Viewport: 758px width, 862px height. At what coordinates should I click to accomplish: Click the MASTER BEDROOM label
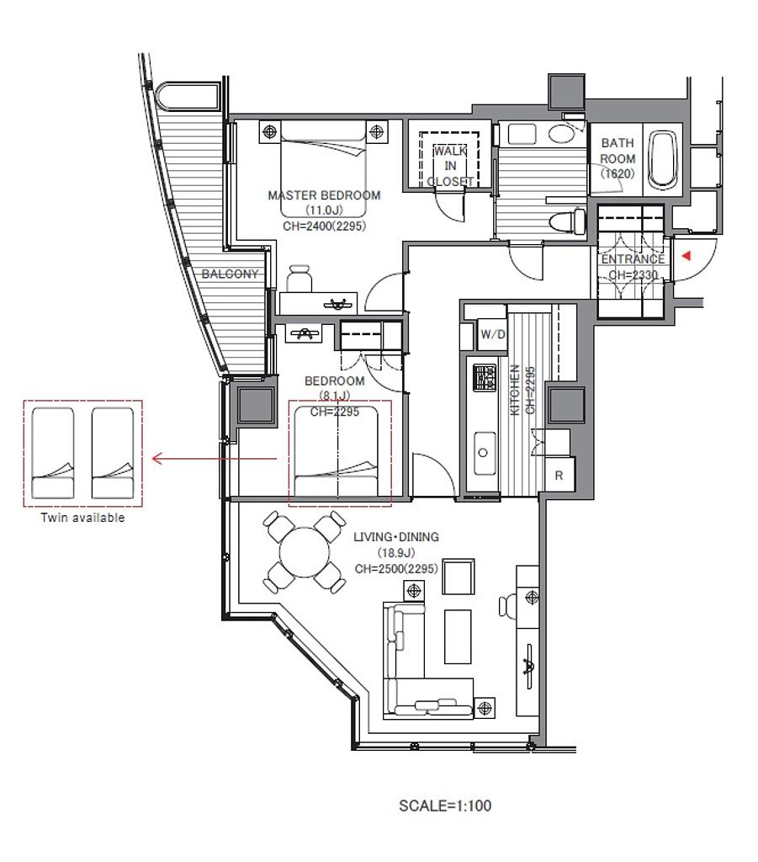[x=324, y=195]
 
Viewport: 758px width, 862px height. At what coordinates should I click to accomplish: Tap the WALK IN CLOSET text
[x=450, y=166]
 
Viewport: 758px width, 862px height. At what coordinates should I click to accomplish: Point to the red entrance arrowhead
[x=686, y=256]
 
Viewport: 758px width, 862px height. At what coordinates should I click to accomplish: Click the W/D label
[x=493, y=334]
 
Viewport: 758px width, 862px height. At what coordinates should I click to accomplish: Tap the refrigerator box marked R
[x=559, y=475]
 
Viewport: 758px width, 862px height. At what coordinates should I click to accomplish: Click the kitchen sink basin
[x=484, y=453]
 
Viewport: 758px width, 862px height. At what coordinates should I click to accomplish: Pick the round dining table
[x=305, y=552]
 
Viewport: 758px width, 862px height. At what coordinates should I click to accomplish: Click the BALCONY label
[x=230, y=274]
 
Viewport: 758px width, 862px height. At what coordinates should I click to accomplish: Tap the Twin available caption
[x=83, y=518]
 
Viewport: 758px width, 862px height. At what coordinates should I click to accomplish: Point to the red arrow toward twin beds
[x=215, y=458]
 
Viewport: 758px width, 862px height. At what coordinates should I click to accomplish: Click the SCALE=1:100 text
[x=445, y=806]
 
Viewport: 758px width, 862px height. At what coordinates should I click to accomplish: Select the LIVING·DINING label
[x=396, y=536]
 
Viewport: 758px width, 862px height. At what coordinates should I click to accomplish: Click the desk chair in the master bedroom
[x=299, y=278]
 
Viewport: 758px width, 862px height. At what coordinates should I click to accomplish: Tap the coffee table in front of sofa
[x=458, y=636]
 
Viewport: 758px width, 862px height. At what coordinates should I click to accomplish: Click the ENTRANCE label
[x=633, y=259]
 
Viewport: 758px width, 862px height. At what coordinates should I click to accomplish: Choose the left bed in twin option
[x=53, y=453]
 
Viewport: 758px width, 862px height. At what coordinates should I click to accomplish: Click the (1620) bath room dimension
[x=618, y=173]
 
